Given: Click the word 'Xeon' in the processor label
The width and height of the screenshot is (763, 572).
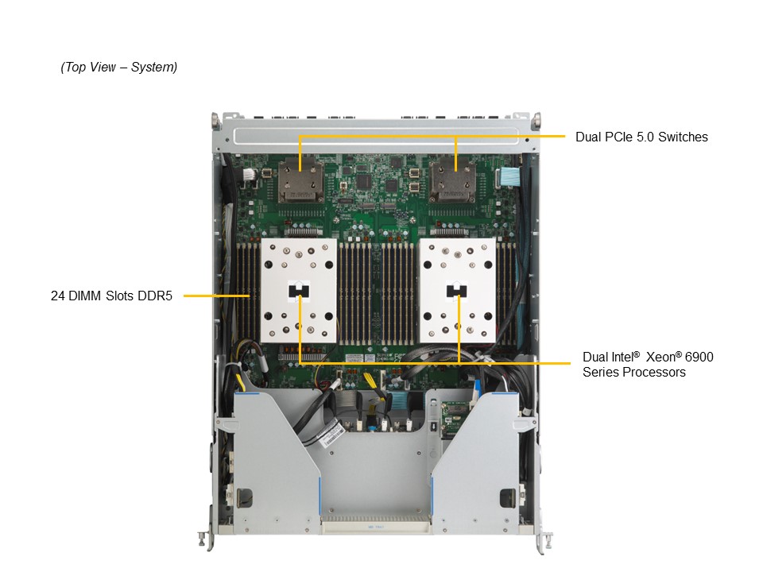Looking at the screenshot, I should (x=660, y=357).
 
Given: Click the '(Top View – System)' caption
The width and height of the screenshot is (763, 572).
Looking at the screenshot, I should (x=118, y=68).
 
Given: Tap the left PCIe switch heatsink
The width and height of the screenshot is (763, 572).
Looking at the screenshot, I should (x=300, y=181).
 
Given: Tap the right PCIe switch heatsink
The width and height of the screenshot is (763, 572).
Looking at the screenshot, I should (x=455, y=181).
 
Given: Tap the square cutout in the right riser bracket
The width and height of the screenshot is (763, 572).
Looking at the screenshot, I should (x=504, y=499).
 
